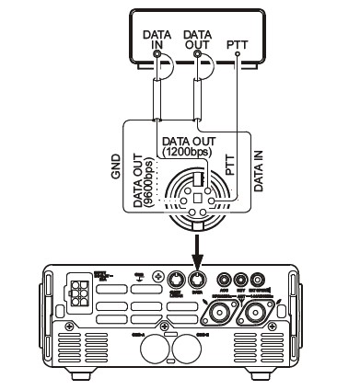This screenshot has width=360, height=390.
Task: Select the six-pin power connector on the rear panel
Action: click(76, 292)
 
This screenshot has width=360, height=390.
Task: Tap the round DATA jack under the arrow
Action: click(194, 281)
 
